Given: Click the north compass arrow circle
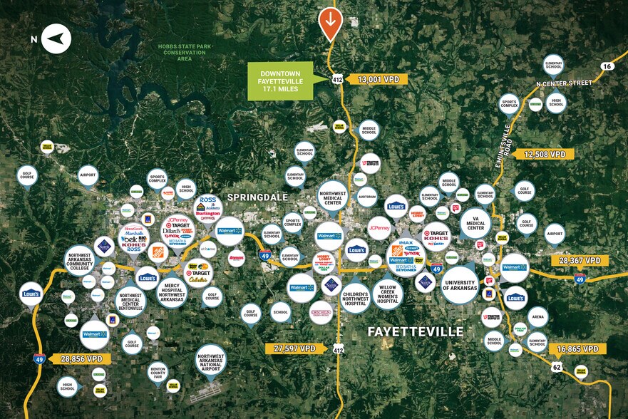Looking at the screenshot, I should [56, 38].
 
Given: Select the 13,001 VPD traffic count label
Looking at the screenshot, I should [378, 80].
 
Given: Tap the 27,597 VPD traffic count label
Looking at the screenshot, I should [294, 348].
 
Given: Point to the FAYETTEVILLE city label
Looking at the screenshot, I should [416, 332].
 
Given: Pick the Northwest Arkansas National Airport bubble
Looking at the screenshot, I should [211, 363].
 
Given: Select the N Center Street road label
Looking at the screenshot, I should [564, 83].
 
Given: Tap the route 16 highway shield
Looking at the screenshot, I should [607, 66].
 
